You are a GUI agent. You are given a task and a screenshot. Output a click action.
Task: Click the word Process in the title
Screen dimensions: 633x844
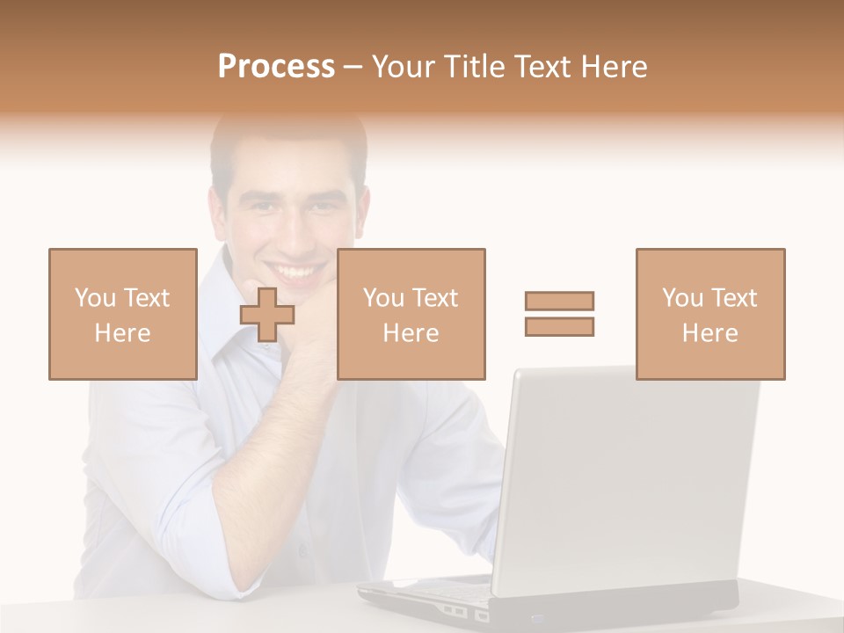pyautogui.click(x=276, y=66)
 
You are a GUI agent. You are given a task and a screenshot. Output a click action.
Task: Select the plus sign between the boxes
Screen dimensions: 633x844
pyautogui.click(x=267, y=314)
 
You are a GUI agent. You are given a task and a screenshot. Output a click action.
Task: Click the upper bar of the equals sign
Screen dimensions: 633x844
pyautogui.click(x=559, y=301)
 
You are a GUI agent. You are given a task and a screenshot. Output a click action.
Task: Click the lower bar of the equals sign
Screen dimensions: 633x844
pyautogui.click(x=559, y=326)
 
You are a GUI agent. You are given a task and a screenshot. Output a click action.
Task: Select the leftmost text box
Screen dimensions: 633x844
pyautogui.click(x=123, y=314)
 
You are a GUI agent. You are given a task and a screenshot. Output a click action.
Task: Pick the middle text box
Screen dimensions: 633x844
pyautogui.click(x=411, y=314)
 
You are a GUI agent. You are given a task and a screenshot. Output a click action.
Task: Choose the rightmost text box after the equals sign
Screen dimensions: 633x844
pyautogui.click(x=710, y=314)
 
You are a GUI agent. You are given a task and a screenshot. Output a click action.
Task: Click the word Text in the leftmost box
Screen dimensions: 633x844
pyautogui.click(x=146, y=297)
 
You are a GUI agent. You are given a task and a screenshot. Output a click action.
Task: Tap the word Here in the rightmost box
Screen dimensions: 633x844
pyautogui.click(x=709, y=333)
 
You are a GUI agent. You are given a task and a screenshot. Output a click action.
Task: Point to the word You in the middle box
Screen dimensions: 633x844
pyautogui.click(x=383, y=297)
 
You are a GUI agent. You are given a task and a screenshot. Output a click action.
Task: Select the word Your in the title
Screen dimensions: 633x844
pyautogui.click(x=400, y=66)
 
